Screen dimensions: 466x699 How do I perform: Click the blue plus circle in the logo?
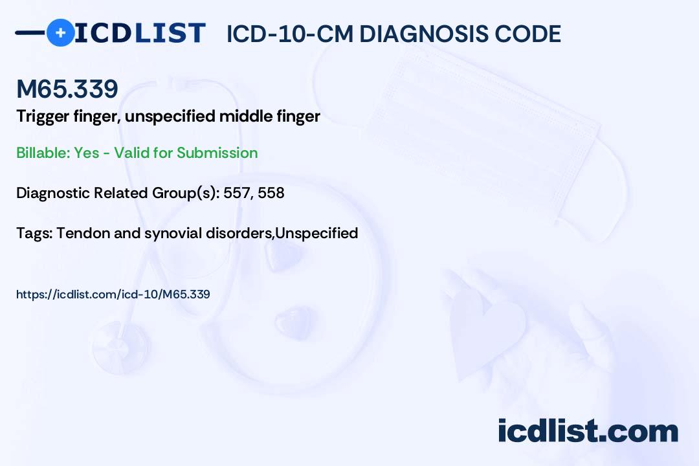[60, 32]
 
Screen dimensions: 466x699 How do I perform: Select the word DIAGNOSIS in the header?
[428, 34]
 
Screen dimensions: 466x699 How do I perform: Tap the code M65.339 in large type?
[67, 89]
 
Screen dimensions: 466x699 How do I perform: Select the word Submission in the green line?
[217, 153]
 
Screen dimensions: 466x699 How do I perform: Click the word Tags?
[34, 233]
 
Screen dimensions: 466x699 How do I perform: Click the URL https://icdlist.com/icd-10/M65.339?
[113, 294]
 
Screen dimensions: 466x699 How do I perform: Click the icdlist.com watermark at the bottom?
[588, 431]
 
